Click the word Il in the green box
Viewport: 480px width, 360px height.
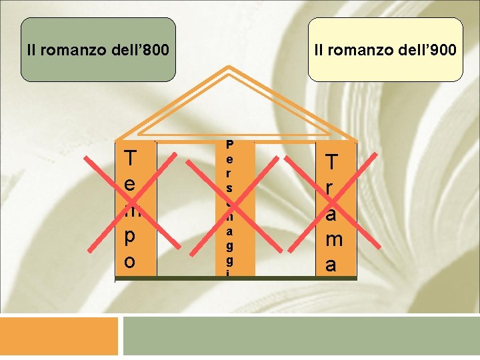coord(31,50)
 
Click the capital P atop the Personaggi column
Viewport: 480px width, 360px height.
coord(230,143)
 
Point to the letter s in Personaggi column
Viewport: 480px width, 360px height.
coord(230,189)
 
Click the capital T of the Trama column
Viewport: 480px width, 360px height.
coord(331,162)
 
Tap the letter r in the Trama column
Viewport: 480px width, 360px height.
coord(331,188)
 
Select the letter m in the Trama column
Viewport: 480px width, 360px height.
coord(331,239)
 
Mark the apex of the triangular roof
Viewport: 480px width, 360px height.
coord(230,67)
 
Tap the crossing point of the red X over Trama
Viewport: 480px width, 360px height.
coord(331,203)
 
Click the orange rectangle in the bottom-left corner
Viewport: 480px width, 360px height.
coord(59,336)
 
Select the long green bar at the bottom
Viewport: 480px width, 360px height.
coord(301,336)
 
